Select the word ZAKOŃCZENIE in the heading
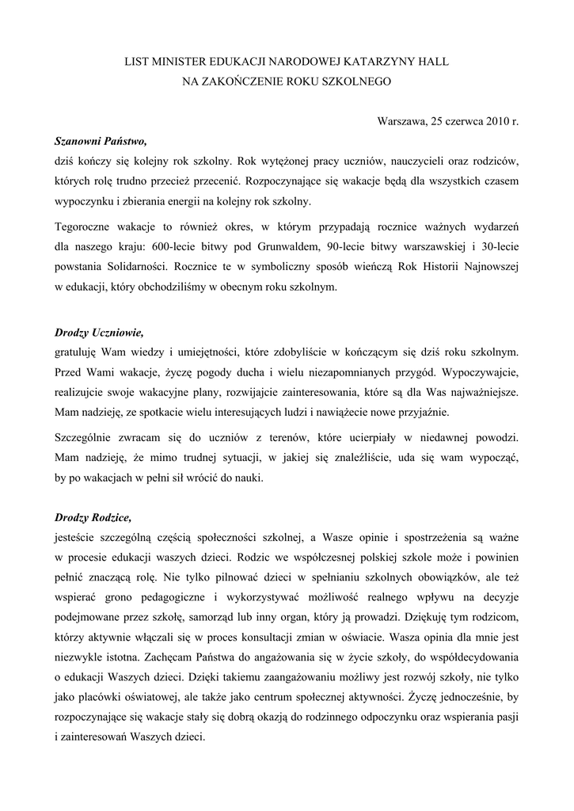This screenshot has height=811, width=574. coord(246,81)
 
